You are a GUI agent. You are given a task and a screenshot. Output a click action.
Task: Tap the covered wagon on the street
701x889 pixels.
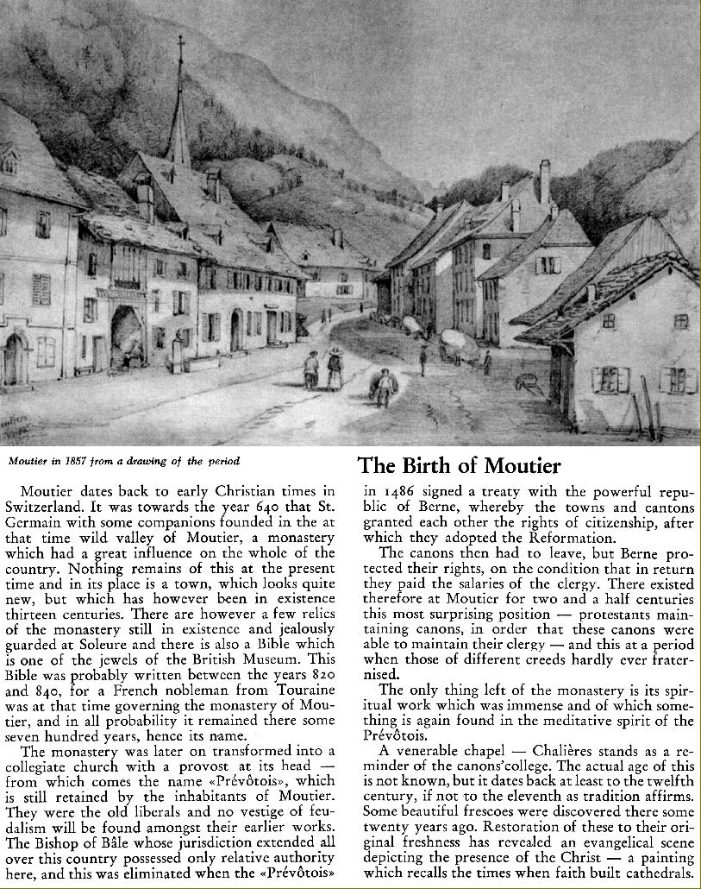[x=460, y=344]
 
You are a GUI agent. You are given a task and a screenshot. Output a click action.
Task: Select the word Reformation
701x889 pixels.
[x=568, y=539]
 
